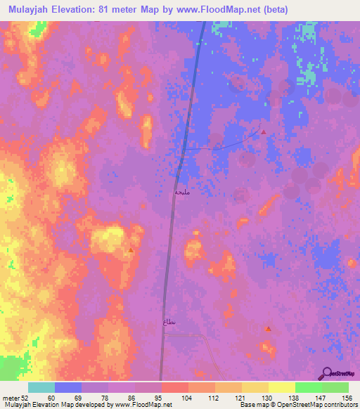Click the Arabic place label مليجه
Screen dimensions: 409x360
[183, 191]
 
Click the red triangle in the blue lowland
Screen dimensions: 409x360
[264, 132]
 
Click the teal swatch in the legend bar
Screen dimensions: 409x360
[41, 387]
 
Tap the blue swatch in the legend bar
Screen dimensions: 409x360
[68, 387]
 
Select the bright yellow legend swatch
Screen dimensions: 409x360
[282, 387]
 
